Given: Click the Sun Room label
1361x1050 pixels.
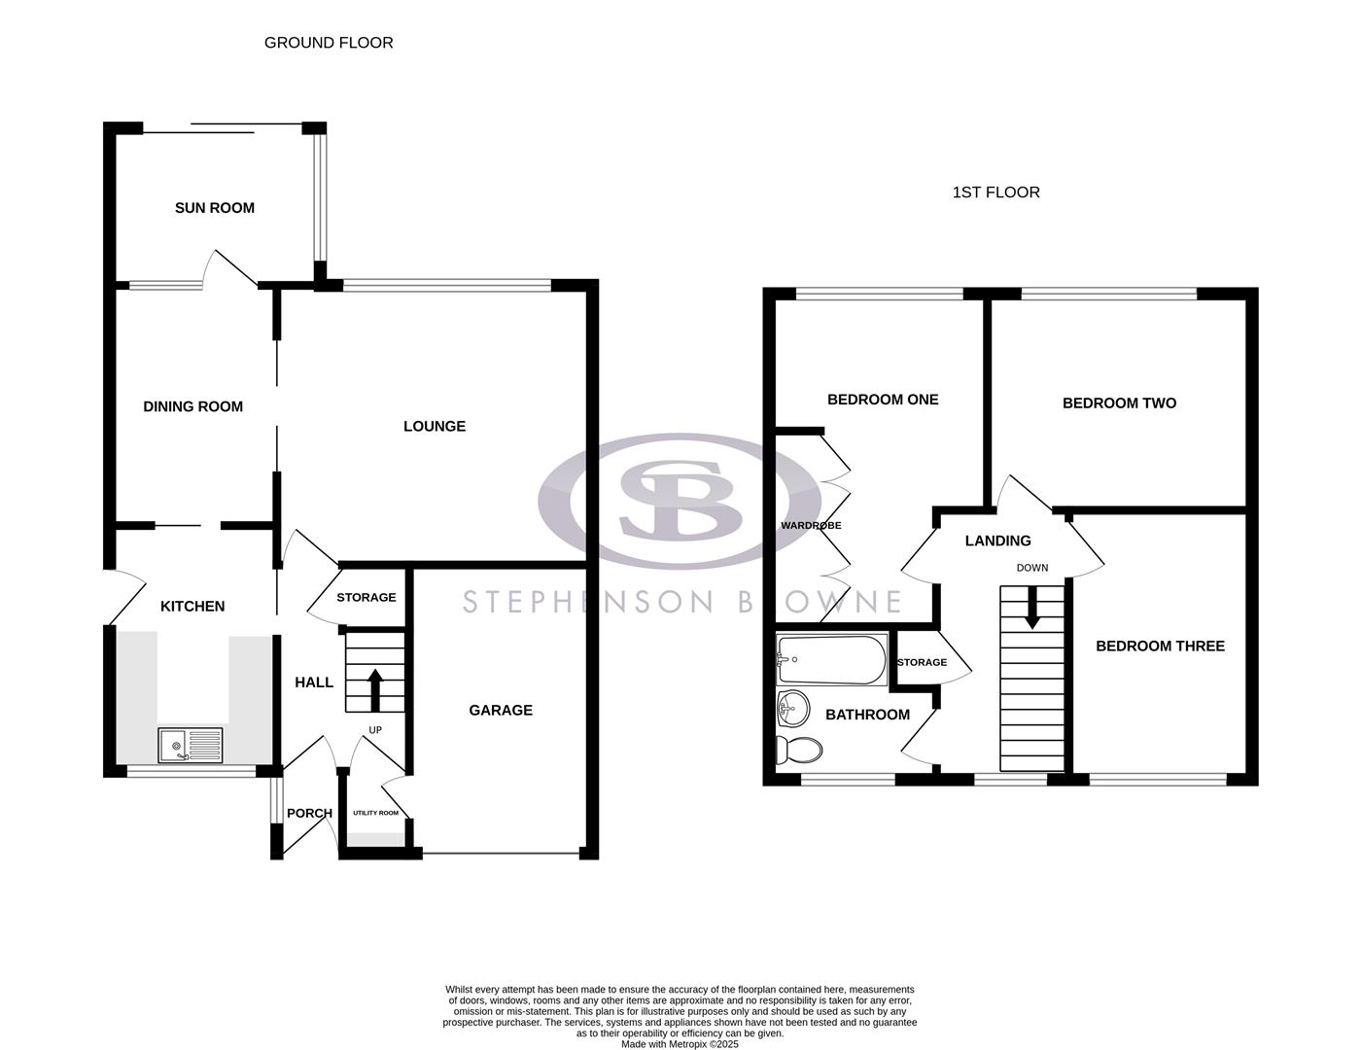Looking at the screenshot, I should pyautogui.click(x=215, y=207).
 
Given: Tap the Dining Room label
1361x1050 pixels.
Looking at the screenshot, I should pyautogui.click(x=192, y=406).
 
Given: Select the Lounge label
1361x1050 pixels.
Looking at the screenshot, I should pyautogui.click(x=435, y=426).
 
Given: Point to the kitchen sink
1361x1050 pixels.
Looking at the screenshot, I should pyautogui.click(x=190, y=746).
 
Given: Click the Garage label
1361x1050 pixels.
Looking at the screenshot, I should pyautogui.click(x=501, y=710).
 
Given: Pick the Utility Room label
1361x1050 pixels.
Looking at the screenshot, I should pyautogui.click(x=375, y=813).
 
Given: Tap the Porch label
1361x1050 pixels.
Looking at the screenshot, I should pyautogui.click(x=310, y=813).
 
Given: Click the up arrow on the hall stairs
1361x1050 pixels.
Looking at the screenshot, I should pyautogui.click(x=375, y=687).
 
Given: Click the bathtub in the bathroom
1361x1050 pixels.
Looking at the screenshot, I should pyautogui.click(x=832, y=660).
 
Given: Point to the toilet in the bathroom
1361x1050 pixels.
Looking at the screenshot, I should pyautogui.click(x=798, y=750).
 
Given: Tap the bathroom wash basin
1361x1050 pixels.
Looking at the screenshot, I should pyautogui.click(x=793, y=708).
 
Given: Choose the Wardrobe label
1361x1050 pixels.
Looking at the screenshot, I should pyautogui.click(x=811, y=525).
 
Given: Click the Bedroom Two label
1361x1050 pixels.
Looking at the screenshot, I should pyautogui.click(x=1119, y=402).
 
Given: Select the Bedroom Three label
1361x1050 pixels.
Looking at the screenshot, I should pyautogui.click(x=1160, y=646).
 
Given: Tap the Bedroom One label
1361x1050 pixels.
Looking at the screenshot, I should pyautogui.click(x=883, y=399).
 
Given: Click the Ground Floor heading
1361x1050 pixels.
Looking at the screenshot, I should pyautogui.click(x=329, y=43).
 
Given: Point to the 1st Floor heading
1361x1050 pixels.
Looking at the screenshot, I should pyautogui.click(x=995, y=192).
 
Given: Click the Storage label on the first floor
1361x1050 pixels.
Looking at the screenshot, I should pyautogui.click(x=922, y=662).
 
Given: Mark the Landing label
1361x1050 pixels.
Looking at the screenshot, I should pyautogui.click(x=997, y=541).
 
